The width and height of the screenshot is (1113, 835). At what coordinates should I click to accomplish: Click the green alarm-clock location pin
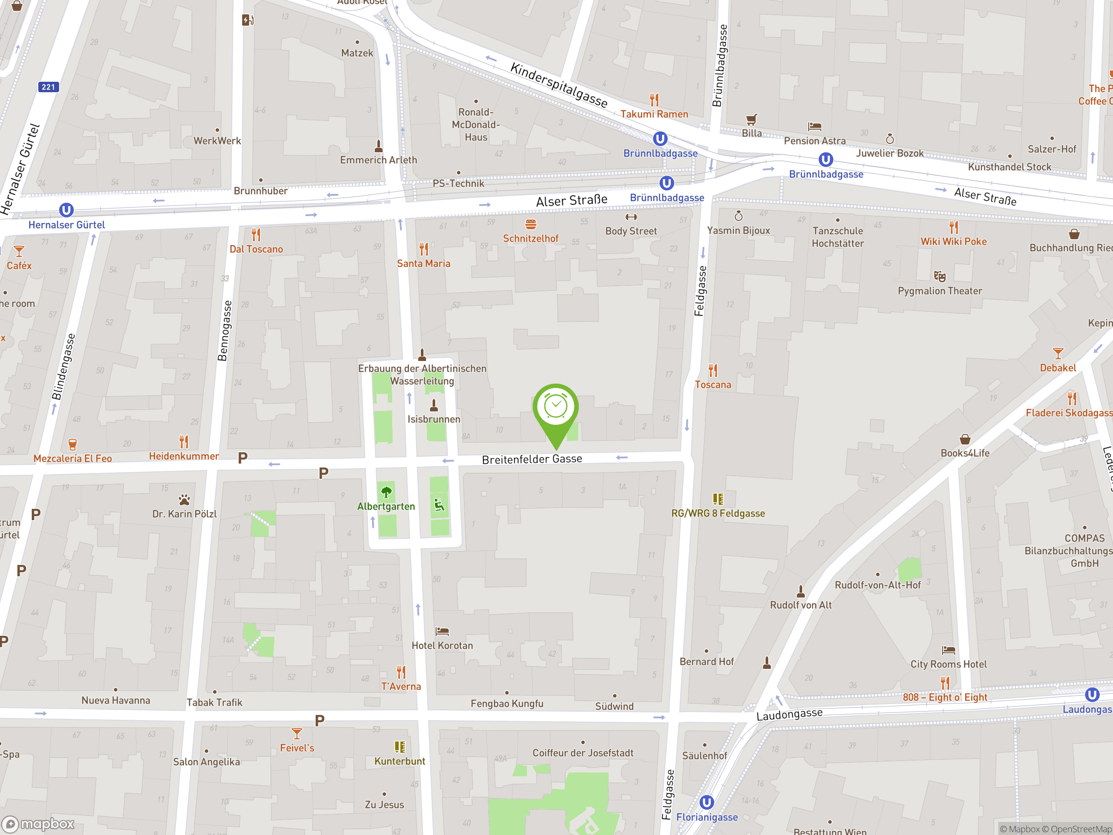coord(556,407)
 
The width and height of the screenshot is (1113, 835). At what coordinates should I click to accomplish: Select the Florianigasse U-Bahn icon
coord(706,802)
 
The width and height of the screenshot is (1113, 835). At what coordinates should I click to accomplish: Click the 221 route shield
coord(48,87)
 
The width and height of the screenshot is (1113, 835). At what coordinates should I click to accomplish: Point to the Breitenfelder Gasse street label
coord(532,459)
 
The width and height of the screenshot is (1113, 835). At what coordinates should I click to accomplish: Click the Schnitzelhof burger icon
coord(530,224)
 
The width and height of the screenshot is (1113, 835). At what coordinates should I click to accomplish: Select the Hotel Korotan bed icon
coord(442,631)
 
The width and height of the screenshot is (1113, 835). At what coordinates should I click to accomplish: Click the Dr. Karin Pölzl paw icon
coord(184,500)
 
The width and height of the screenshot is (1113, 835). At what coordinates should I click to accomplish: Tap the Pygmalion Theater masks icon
coord(940,276)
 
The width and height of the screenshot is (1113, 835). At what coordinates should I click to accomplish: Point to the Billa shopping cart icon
coord(751,119)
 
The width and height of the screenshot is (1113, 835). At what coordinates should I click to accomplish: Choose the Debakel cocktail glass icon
coord(1058,353)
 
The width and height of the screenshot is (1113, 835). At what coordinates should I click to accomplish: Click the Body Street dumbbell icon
coord(631,217)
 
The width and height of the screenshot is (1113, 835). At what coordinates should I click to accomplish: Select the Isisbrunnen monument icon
coord(434,405)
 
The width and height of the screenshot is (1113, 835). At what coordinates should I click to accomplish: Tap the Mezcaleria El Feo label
coord(73,458)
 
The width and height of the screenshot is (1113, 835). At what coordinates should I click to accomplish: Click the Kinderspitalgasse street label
coord(559,84)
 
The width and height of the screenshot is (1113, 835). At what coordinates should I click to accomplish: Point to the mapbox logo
coord(38,824)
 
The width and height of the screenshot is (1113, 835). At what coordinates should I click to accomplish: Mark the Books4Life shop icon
coord(965,439)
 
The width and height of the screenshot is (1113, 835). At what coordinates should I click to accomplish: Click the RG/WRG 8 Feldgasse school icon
coord(718,499)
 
